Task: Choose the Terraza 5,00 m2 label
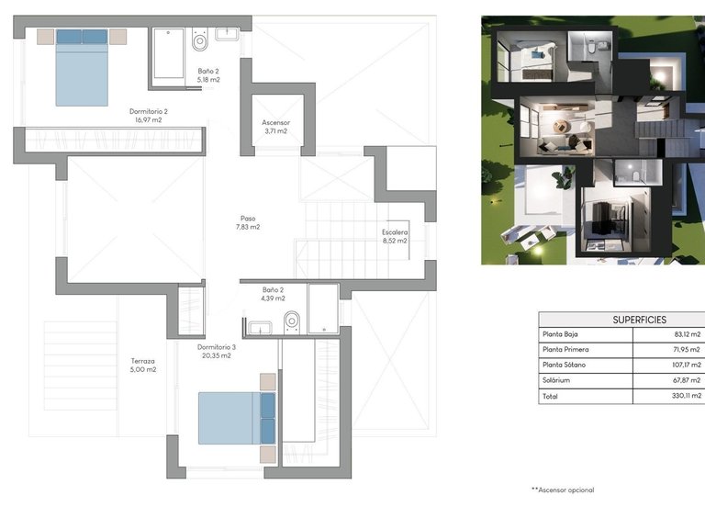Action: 142,366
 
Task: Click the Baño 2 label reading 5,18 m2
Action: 208,75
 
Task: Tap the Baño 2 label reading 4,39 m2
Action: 274,293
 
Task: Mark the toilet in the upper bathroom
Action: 199,42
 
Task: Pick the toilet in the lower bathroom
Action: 292,321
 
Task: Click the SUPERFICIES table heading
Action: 621,320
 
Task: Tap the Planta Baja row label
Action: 564,334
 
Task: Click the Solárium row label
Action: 558,380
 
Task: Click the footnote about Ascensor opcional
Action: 563,490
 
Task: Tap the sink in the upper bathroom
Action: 227,35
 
